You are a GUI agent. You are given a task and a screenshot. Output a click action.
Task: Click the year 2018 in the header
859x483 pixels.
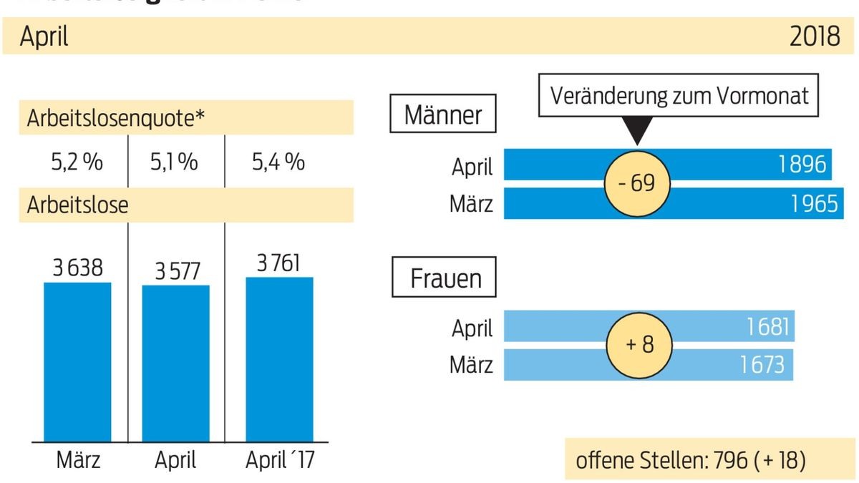815,36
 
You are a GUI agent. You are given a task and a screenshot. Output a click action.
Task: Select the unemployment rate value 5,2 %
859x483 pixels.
77,162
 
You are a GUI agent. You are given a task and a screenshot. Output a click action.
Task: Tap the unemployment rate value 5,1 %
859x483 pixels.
174,162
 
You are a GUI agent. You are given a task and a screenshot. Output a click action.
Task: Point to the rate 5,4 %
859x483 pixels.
278,162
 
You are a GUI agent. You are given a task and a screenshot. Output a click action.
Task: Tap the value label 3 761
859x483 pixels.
279,263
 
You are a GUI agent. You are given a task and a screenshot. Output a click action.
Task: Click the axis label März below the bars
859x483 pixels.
77,459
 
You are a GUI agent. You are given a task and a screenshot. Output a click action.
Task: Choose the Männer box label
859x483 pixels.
443,114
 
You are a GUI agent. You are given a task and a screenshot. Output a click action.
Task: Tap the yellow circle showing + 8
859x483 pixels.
639,345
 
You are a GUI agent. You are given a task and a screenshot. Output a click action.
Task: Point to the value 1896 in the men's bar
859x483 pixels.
802,165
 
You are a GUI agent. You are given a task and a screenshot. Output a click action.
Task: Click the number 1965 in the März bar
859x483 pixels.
813,204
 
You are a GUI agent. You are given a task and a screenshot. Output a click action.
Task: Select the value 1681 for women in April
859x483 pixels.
767,327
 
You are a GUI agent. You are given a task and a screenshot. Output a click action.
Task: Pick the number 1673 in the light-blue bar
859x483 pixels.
762,365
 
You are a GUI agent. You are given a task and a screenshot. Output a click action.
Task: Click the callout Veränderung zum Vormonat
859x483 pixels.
678,95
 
